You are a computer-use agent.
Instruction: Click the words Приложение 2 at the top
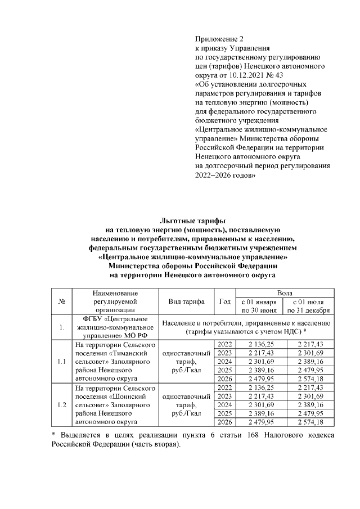pos(220,39)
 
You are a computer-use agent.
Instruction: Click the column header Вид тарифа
pos(186,301)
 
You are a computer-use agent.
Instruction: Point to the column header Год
pos(225,301)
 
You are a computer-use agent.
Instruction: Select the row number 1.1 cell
pos(61,361)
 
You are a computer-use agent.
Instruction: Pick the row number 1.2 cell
pos(61,404)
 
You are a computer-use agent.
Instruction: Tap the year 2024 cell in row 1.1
pos(225,361)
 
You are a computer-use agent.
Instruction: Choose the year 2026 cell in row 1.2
pos(225,422)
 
